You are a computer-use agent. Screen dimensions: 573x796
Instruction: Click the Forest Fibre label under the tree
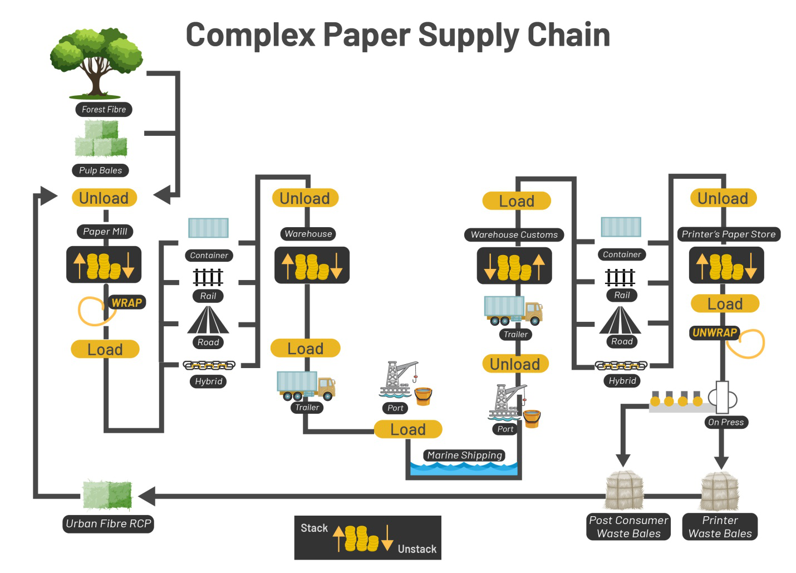point(104,110)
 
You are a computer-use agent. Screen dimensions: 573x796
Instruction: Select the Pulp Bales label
point(100,170)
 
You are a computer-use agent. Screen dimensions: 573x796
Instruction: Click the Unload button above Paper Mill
point(104,198)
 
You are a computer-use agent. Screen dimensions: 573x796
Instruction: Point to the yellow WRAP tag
point(127,303)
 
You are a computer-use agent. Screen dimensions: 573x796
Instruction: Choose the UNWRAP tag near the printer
point(715,333)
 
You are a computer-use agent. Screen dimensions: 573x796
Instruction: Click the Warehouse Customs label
point(514,235)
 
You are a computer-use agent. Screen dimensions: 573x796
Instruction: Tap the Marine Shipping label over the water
point(464,456)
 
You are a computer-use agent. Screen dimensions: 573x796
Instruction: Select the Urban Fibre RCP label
point(108,524)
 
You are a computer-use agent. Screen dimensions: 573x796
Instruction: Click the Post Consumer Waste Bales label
point(628,527)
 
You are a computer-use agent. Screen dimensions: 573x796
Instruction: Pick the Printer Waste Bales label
point(720,527)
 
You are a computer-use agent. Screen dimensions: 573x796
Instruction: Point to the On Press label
point(726,422)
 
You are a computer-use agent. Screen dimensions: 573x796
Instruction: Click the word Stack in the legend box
point(315,528)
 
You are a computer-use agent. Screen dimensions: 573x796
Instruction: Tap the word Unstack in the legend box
point(417,549)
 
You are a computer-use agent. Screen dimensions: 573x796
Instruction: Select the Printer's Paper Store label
point(728,234)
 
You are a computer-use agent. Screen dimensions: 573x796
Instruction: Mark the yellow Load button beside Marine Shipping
point(408,429)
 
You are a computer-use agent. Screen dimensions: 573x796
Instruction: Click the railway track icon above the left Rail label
point(208,277)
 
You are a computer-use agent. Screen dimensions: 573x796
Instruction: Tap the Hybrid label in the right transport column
point(622,381)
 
